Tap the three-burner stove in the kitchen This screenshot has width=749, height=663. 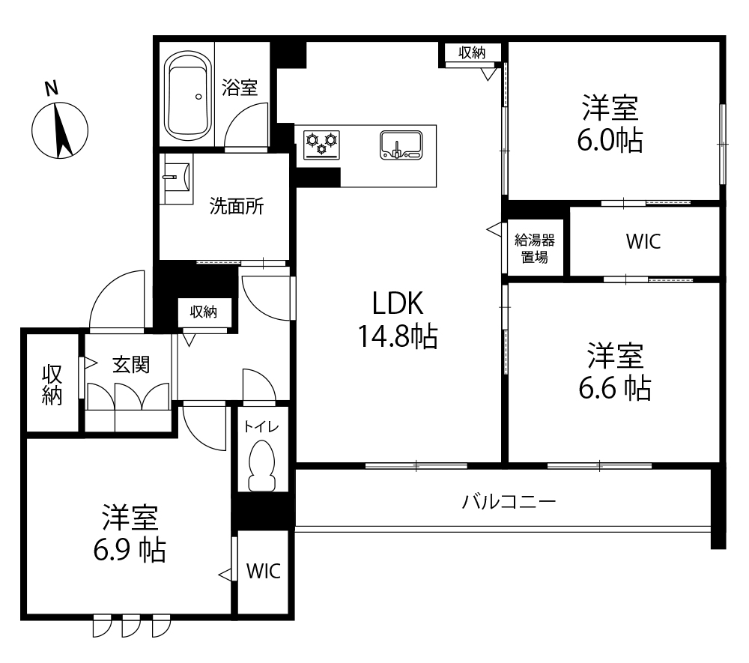point(321,145)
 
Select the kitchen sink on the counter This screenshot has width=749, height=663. point(401,145)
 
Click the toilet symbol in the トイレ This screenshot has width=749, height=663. point(261,465)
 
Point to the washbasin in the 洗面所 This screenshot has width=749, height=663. point(176,178)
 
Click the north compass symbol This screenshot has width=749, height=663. point(60,130)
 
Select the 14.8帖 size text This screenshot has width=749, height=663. point(398,336)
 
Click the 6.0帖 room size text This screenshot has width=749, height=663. point(610,140)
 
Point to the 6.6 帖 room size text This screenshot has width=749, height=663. point(615,388)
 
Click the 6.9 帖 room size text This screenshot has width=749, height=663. point(130,550)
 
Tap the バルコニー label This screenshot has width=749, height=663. point(509,501)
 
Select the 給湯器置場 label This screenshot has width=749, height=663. point(535,249)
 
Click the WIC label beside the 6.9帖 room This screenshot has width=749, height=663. point(263,571)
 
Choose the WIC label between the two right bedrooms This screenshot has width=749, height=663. point(643,242)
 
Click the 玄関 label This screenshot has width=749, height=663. point(131,365)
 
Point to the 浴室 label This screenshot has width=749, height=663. point(240,88)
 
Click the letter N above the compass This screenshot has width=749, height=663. point(51,89)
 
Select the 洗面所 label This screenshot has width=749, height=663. point(237,206)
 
